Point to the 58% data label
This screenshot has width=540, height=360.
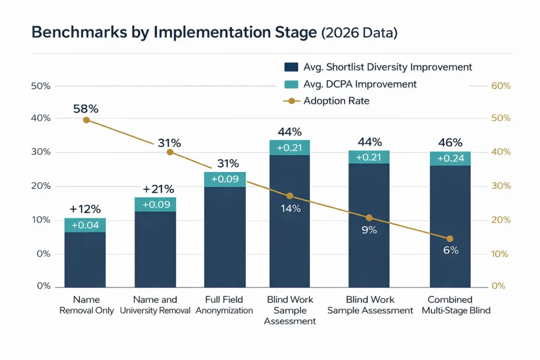(x=86, y=109)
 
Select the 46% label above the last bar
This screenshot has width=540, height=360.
(x=450, y=142)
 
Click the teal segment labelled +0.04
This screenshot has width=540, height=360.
(x=85, y=225)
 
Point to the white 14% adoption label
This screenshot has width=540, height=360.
(x=290, y=208)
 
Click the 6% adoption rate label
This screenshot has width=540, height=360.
(x=450, y=250)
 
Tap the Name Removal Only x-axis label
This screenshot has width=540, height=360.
(x=86, y=305)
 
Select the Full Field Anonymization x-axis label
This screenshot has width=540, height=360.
(x=224, y=305)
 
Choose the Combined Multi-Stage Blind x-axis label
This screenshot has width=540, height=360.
(x=456, y=305)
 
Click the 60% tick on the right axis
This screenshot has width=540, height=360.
(x=500, y=85)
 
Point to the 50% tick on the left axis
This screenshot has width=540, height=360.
(x=41, y=85)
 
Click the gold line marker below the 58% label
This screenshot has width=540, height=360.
(x=86, y=120)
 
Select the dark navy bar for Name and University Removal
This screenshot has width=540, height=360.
(x=155, y=248)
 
